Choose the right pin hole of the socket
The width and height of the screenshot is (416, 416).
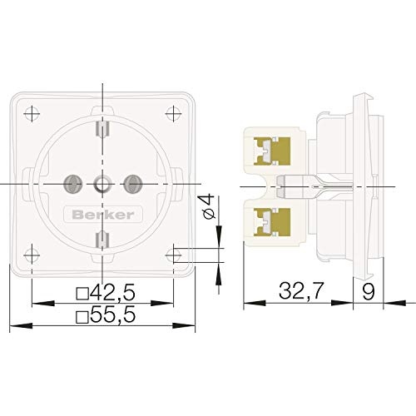click(130, 182)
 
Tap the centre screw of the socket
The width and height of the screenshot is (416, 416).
click(101, 182)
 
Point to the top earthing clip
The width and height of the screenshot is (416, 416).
click(101, 128)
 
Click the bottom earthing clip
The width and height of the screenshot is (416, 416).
click(101, 240)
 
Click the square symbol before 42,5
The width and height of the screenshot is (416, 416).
click(82, 294)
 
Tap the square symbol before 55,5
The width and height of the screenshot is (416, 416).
click(82, 318)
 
